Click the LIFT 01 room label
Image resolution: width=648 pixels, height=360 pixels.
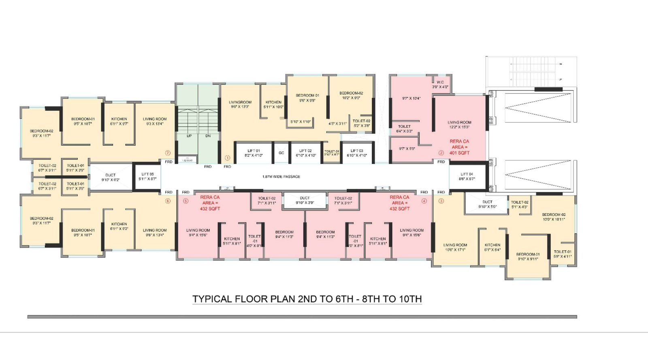point(254,153)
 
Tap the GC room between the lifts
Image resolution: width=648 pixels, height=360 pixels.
point(281,153)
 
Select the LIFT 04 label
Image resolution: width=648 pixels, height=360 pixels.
point(467,176)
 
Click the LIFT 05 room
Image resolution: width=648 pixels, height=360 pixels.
point(147,176)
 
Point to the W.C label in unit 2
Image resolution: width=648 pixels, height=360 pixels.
point(440,84)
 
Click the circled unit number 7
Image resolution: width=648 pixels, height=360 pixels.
point(168,153)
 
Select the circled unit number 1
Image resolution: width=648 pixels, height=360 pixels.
point(227,158)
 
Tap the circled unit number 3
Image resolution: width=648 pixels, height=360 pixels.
point(441,201)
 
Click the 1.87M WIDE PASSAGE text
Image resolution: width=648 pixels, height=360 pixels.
point(281,177)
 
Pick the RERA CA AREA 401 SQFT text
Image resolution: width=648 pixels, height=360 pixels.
point(459,147)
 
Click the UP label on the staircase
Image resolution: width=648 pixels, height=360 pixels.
point(189,136)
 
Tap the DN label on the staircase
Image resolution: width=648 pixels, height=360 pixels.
point(208,136)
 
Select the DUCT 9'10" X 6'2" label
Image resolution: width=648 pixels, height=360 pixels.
point(111,177)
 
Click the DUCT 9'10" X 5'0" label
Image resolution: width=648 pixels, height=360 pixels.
point(487,204)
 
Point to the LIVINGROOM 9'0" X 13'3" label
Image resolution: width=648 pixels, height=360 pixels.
point(240,104)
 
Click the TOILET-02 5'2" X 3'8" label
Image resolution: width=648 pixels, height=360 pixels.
point(361,123)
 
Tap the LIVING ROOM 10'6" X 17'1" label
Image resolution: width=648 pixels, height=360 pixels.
point(455,247)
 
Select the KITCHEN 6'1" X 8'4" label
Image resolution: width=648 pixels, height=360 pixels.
point(492,247)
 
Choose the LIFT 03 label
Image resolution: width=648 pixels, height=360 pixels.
point(357,153)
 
